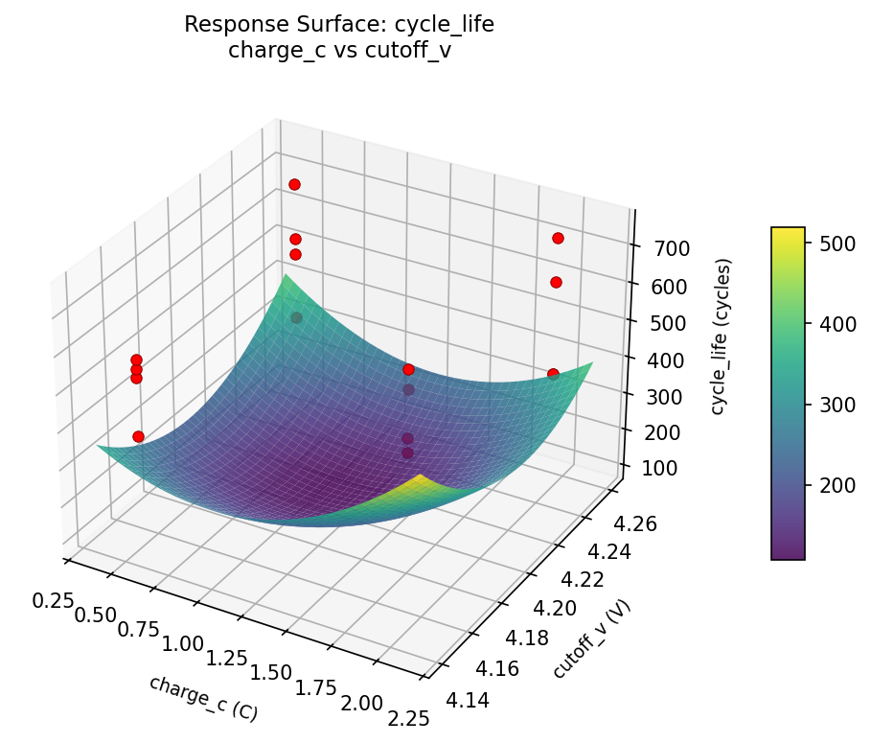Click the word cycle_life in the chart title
coord(446,25)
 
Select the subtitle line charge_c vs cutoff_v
coord(339,51)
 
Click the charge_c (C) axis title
coord(203,698)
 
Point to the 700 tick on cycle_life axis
coord(659,248)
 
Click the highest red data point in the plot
coord(294,184)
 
